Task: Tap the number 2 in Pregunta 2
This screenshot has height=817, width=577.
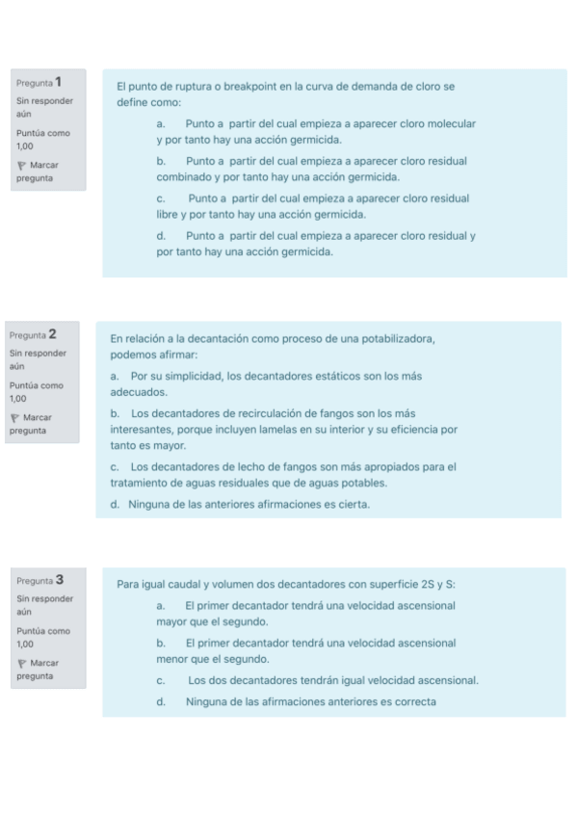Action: tap(52, 334)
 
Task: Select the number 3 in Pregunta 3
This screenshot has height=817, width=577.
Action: tap(60, 580)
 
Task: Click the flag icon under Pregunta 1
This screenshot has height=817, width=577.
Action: tap(22, 166)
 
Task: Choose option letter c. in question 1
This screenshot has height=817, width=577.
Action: tap(161, 198)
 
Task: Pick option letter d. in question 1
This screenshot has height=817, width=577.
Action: tap(161, 236)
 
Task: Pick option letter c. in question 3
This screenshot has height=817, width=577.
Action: tap(161, 680)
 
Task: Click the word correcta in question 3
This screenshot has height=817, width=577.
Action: tap(411, 701)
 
